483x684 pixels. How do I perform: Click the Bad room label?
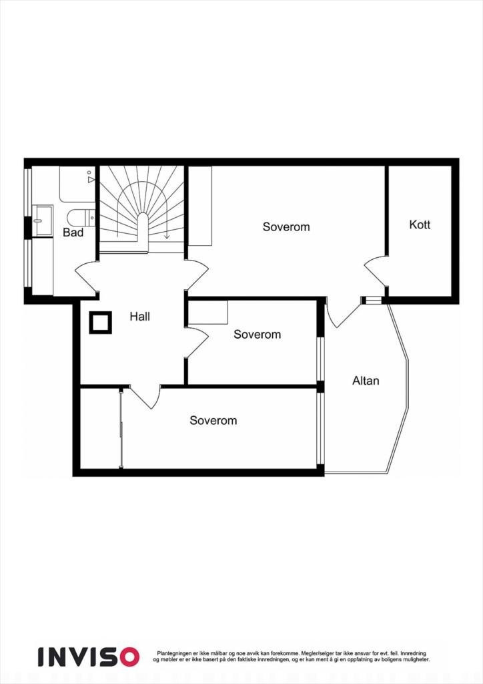(73, 232)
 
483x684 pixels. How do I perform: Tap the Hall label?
(139, 316)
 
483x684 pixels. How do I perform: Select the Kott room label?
(420, 224)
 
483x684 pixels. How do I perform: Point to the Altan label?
(366, 381)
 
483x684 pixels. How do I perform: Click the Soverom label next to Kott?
(286, 226)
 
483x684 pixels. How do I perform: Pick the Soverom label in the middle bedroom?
(257, 334)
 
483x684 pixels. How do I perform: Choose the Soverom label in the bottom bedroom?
(213, 420)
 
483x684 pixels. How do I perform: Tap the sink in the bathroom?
(44, 220)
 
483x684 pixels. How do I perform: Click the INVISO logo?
(88, 656)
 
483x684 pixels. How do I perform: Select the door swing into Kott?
(376, 271)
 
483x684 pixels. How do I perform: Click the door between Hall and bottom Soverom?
(146, 397)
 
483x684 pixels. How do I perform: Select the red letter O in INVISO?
(127, 656)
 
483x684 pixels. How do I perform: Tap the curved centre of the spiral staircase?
(143, 224)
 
